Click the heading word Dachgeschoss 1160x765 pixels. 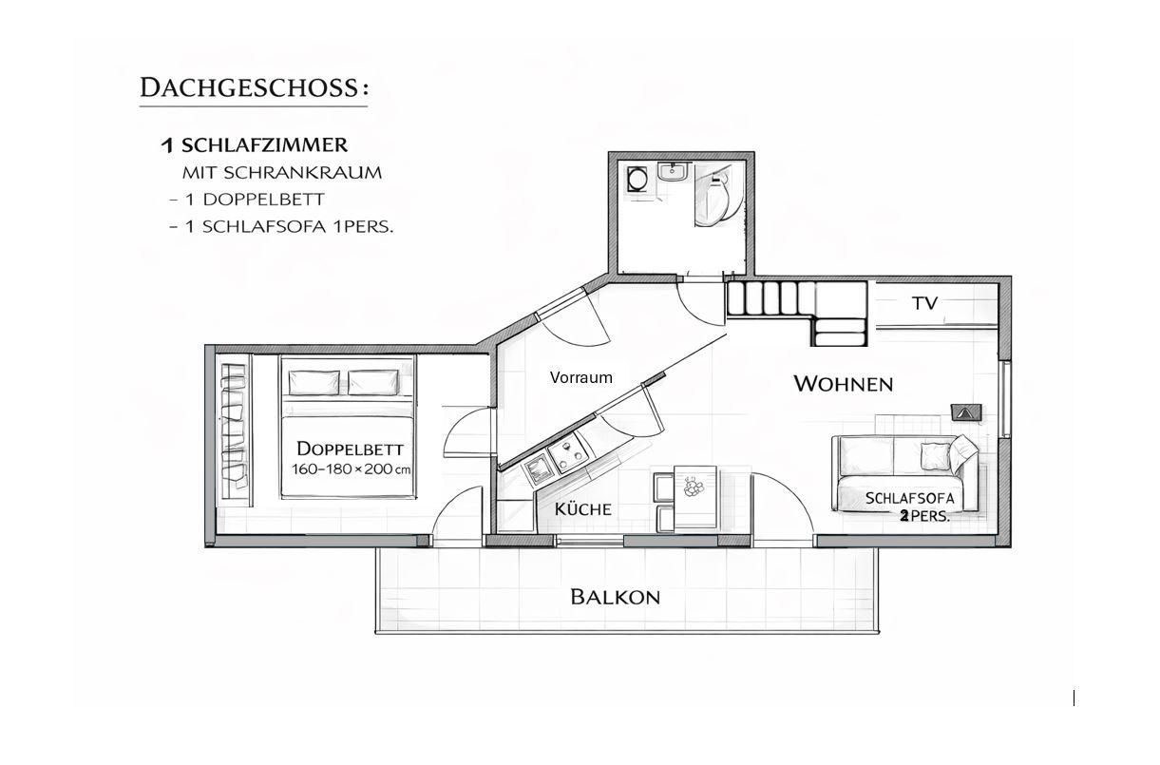(x=249, y=87)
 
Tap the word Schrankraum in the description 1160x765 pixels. (x=302, y=173)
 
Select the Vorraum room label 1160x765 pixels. (x=581, y=377)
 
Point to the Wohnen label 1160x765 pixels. (x=844, y=384)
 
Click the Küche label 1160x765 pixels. (x=583, y=509)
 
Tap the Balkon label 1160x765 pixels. (x=616, y=597)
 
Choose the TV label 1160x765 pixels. (x=925, y=303)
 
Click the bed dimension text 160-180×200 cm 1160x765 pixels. (x=352, y=469)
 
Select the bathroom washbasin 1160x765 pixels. (x=673, y=171)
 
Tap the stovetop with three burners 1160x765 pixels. (x=568, y=452)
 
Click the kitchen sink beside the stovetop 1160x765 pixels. (x=538, y=470)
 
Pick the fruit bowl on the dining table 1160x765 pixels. (x=693, y=487)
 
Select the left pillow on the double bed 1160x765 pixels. (x=314, y=382)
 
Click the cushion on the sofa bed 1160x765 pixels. (x=936, y=456)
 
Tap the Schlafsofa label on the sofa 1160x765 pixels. (x=910, y=498)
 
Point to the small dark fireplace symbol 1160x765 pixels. (x=966, y=412)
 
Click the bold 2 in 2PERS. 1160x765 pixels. (x=904, y=516)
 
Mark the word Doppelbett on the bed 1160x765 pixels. (x=350, y=449)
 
